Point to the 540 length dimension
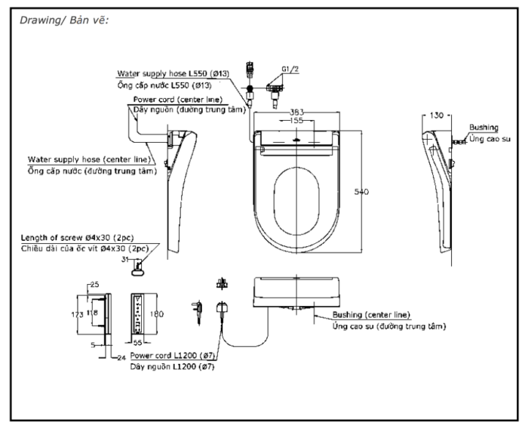(x=361, y=193)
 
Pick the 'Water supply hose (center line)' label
(x=91, y=160)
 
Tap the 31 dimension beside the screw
(x=125, y=261)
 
